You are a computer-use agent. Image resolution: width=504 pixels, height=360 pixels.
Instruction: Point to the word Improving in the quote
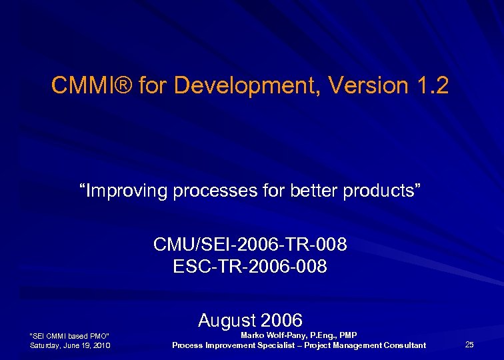pyautogui.click(x=125, y=191)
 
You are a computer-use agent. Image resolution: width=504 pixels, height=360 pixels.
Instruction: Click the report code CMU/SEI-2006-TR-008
pyautogui.click(x=250, y=245)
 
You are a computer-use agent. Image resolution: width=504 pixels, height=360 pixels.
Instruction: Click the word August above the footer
pyautogui.click(x=226, y=320)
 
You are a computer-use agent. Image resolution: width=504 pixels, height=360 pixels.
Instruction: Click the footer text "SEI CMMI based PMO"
pyautogui.click(x=70, y=335)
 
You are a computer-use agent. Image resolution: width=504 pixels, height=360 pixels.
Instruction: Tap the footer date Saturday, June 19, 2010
pyautogui.click(x=71, y=345)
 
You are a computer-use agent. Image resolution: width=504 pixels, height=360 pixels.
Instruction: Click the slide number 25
pyautogui.click(x=469, y=345)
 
